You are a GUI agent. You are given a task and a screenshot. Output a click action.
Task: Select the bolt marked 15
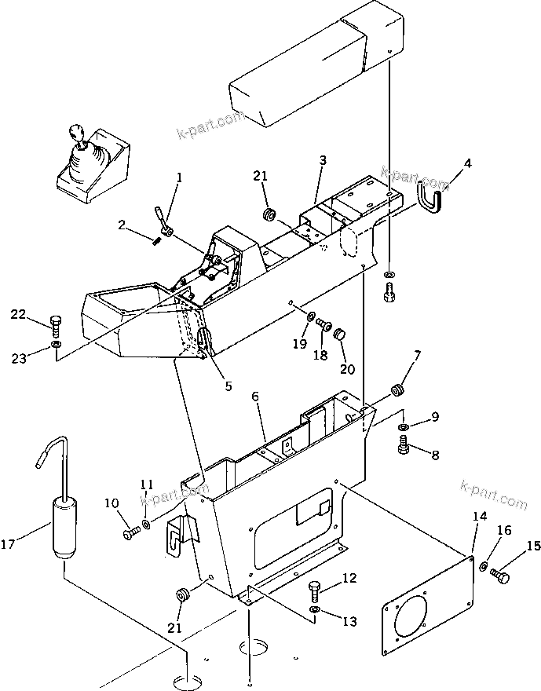(x=500, y=576)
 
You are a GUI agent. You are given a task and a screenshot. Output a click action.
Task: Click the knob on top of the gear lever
(x=77, y=131)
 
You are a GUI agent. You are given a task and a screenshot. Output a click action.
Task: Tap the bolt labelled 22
(x=55, y=322)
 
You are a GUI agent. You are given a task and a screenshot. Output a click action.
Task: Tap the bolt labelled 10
(x=130, y=533)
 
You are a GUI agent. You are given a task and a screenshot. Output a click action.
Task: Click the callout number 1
(x=179, y=177)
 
